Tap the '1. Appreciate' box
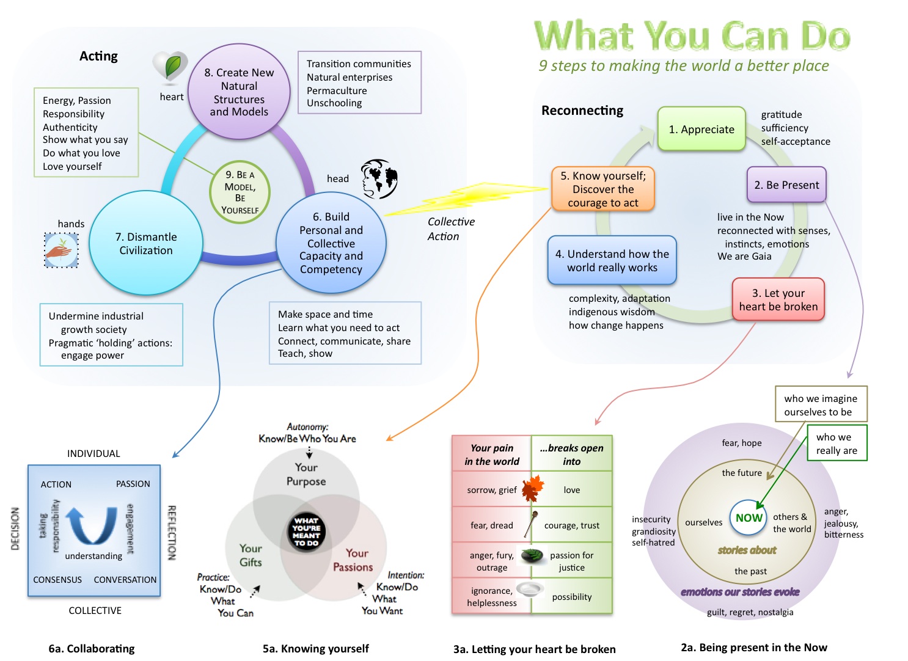coord(701,129)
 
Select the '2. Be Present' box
coord(786,184)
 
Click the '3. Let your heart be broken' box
coord(778,299)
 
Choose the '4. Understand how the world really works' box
coord(612,260)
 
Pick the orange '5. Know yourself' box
coord(603,189)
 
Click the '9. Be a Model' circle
coord(240,192)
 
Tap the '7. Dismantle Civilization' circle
coord(145,243)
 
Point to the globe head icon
coord(379,179)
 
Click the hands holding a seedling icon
coord(61,250)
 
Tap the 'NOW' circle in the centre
coord(749,517)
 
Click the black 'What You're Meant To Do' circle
coord(306,531)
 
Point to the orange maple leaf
coord(532,488)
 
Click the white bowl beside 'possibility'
coord(529,589)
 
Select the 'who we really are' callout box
coord(837,444)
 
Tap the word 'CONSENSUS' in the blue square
coord(57,580)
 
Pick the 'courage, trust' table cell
coord(572,525)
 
